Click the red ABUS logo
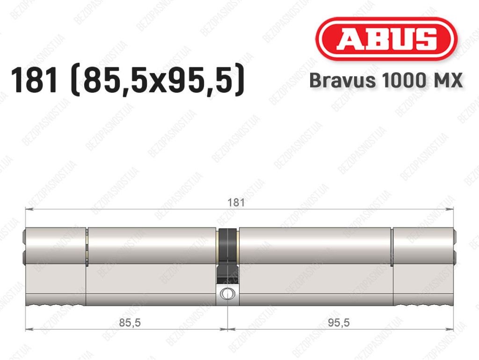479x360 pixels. point(386,39)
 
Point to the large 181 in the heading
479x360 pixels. point(34,80)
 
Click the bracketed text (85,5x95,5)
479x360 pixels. point(158,80)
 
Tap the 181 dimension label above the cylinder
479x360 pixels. point(236,202)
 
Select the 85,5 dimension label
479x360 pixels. point(130,323)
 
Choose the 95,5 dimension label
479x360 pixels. point(339,323)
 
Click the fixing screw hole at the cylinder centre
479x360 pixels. point(227,294)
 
